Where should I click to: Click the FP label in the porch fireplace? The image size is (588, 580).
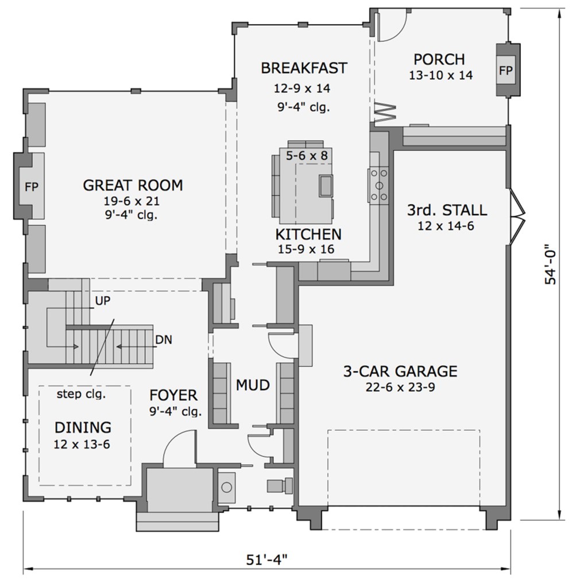[505, 71]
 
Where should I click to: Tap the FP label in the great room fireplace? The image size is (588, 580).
[31, 187]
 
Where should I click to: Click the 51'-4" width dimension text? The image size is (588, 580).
[266, 560]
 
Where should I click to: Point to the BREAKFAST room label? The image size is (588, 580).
[304, 68]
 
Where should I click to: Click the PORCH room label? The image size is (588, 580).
[439, 60]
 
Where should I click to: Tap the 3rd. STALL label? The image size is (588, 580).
[447, 210]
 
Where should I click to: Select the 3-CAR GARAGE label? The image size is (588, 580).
[400, 371]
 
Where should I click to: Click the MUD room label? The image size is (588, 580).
[253, 386]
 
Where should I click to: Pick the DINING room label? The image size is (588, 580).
[83, 427]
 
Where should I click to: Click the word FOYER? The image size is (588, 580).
[173, 395]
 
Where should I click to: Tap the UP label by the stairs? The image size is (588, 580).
[103, 300]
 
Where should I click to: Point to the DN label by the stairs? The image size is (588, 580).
[164, 340]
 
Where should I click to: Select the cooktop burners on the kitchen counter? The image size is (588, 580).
[379, 184]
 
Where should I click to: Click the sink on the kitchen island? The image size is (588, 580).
[326, 186]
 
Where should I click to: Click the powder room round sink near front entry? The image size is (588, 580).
[227, 487]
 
